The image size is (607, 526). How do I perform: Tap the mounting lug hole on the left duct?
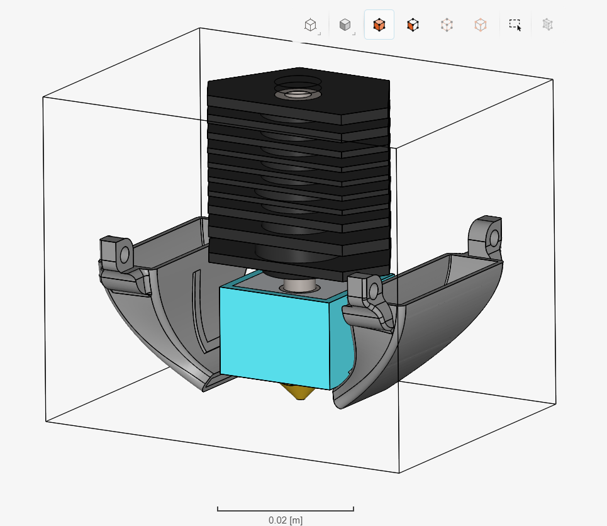(125, 254)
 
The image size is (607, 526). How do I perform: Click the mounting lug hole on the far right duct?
(494, 238)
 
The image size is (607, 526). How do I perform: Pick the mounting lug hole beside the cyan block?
(374, 291)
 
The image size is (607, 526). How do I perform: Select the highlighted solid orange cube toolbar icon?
(379, 25)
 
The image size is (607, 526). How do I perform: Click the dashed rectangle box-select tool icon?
(515, 25)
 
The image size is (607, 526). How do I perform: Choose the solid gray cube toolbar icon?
(345, 25)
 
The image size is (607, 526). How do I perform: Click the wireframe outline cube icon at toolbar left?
(310, 25)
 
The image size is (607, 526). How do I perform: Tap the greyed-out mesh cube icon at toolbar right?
(548, 25)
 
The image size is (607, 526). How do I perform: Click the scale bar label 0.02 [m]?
(285, 520)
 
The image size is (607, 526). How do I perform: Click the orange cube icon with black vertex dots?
(413, 25)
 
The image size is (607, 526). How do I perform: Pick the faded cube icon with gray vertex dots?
(447, 25)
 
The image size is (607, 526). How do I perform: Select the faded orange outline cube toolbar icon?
(480, 25)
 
